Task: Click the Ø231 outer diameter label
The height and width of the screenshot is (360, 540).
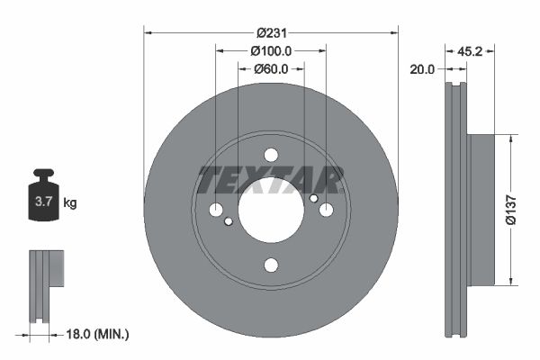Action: (x=270, y=31)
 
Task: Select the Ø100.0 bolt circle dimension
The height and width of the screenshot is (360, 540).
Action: (x=270, y=50)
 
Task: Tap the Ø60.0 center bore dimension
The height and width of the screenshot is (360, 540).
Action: (x=270, y=68)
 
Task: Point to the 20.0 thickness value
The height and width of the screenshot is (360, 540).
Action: (x=421, y=68)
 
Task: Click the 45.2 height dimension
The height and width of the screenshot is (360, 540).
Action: (x=471, y=50)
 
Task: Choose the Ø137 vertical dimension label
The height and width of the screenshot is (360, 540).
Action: (x=508, y=208)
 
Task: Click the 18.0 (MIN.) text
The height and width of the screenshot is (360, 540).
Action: (x=98, y=334)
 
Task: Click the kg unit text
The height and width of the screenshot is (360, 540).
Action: (x=70, y=203)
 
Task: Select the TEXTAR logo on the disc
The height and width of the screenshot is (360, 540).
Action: (x=271, y=180)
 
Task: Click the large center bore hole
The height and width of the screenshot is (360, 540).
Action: (x=271, y=210)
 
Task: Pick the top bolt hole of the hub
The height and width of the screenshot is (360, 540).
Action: (x=271, y=155)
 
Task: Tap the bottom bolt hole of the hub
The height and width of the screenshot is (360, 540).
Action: (x=271, y=265)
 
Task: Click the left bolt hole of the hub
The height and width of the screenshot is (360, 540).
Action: (x=216, y=210)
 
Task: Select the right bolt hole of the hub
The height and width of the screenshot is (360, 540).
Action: (x=326, y=210)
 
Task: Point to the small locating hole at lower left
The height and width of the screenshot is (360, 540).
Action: (x=229, y=221)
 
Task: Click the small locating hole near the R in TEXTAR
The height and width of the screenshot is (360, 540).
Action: (x=313, y=198)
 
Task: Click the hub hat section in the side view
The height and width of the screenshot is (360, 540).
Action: (x=481, y=208)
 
